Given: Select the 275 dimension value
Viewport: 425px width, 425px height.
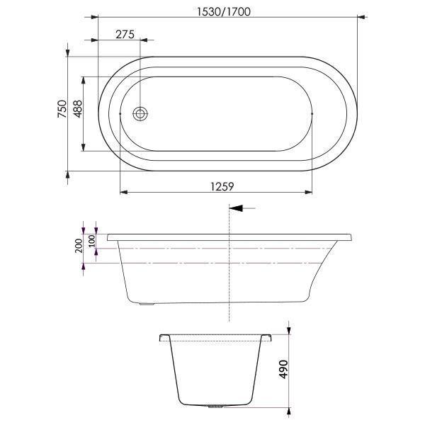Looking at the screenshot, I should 124,33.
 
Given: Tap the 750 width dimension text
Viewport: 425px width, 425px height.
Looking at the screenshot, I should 62,111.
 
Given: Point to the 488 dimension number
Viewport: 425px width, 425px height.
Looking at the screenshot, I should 78,112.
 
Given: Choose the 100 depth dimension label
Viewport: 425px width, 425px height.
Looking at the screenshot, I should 91,240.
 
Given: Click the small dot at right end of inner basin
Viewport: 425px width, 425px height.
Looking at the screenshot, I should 312,113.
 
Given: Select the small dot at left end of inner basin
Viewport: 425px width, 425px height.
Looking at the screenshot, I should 121,113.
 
